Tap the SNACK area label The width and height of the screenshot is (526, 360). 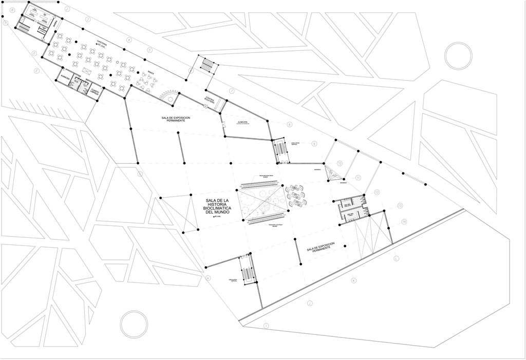[151, 73]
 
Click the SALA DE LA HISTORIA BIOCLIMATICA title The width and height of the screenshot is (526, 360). [211, 206]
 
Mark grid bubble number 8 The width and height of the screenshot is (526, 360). [290, 124]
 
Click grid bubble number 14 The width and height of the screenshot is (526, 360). [404, 221]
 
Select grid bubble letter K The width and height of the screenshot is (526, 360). [354, 281]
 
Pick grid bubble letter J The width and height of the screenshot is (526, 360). [266, 326]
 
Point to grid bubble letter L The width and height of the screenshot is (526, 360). [396, 258]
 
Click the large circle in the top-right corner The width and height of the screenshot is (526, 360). [458, 55]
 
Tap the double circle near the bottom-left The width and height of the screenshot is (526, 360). [134, 324]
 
